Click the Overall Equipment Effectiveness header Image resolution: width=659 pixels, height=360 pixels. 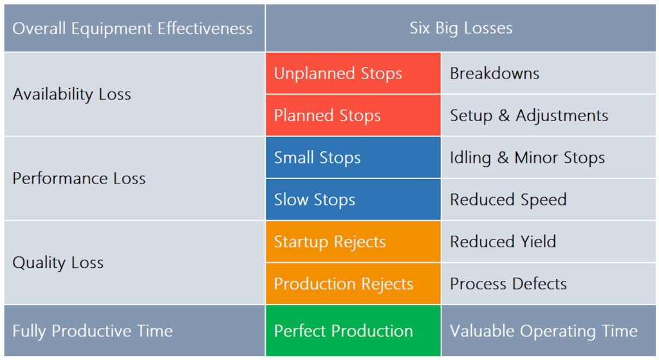click(x=135, y=28)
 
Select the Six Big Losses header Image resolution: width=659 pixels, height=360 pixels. click(x=461, y=28)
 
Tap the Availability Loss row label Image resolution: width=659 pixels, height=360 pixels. click(x=135, y=94)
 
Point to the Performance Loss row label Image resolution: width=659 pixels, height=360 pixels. click(x=135, y=178)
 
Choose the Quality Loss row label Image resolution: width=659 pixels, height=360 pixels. click(x=135, y=262)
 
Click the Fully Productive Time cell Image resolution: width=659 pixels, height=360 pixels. click(x=135, y=330)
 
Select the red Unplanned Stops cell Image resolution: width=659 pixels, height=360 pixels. click(x=353, y=73)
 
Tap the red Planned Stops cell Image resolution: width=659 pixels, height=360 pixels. click(x=353, y=115)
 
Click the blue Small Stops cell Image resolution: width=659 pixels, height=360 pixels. click(x=353, y=157)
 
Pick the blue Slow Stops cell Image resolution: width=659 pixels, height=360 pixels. click(x=353, y=200)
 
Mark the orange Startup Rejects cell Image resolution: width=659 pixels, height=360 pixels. click(x=353, y=242)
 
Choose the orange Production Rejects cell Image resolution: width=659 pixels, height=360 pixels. click(x=353, y=283)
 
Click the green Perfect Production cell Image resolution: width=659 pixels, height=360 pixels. click(x=353, y=330)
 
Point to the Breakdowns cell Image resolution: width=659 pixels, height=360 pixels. click(x=548, y=73)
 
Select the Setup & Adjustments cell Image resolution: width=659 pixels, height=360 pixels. click(x=548, y=115)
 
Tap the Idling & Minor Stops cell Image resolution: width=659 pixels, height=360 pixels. click(x=548, y=157)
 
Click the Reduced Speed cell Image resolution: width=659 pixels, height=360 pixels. click(x=548, y=200)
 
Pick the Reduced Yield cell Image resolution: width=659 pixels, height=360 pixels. click(x=548, y=242)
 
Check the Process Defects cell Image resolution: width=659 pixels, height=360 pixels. click(x=548, y=283)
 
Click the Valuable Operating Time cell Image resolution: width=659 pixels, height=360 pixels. click(x=548, y=330)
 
